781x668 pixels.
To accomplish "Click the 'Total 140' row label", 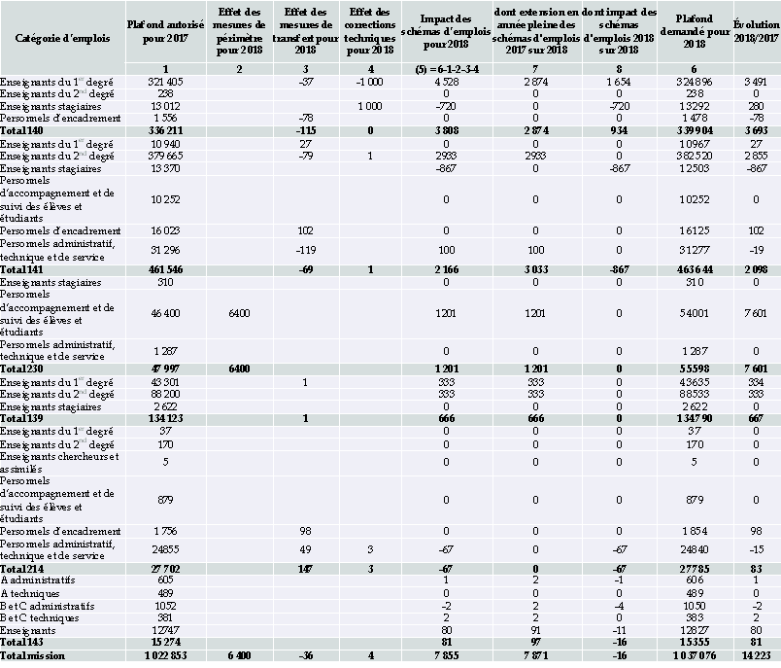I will [24, 129].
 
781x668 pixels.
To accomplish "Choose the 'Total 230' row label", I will [24, 369].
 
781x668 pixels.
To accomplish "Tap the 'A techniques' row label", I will [31, 593].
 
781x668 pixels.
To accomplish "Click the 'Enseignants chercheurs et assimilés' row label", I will [59, 462].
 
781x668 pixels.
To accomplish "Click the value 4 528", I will [446, 83].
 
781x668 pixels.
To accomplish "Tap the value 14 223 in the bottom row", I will [755, 656].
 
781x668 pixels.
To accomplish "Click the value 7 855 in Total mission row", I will [446, 656].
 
